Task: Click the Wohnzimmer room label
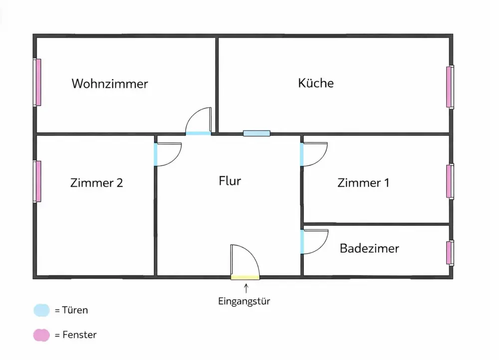click(x=110, y=83)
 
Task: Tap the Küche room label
click(x=316, y=83)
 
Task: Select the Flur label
click(x=230, y=180)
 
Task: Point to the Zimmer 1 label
click(x=363, y=183)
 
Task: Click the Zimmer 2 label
click(x=97, y=183)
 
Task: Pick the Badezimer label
click(x=369, y=248)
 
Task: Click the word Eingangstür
click(x=244, y=301)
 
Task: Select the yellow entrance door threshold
click(x=245, y=277)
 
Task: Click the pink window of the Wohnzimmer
click(x=37, y=82)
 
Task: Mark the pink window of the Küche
click(x=449, y=87)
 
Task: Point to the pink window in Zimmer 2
click(x=37, y=181)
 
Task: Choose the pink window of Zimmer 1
click(x=449, y=181)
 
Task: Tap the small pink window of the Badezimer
click(x=449, y=253)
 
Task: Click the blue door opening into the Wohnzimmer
click(x=198, y=133)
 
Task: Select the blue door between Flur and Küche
click(x=256, y=133)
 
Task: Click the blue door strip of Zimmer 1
click(x=302, y=154)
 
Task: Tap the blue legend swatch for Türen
click(x=41, y=310)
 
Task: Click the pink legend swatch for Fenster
click(x=41, y=335)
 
